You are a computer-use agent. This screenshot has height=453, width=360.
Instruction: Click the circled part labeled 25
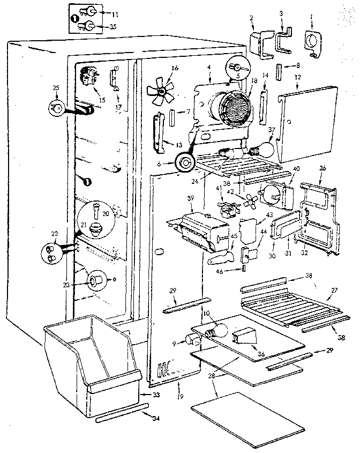(56, 108)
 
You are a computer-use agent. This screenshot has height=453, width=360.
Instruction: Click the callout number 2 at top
(251, 18)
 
